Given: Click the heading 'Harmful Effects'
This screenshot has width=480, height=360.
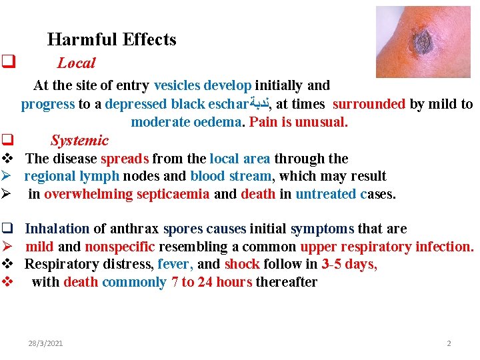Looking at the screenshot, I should tap(112, 39).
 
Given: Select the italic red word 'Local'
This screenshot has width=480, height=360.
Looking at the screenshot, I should tap(76, 63).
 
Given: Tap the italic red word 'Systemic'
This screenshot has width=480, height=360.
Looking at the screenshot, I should tap(79, 141).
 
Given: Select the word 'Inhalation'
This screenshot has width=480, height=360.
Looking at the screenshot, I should tap(57, 229).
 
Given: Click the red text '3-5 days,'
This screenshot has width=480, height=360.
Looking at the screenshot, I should tap(349, 264).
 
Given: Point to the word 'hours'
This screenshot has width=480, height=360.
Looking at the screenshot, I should tap(233, 282).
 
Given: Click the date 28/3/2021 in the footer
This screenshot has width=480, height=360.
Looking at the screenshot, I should tap(45, 343).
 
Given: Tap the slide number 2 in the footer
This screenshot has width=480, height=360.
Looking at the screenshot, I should tap(449, 343).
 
